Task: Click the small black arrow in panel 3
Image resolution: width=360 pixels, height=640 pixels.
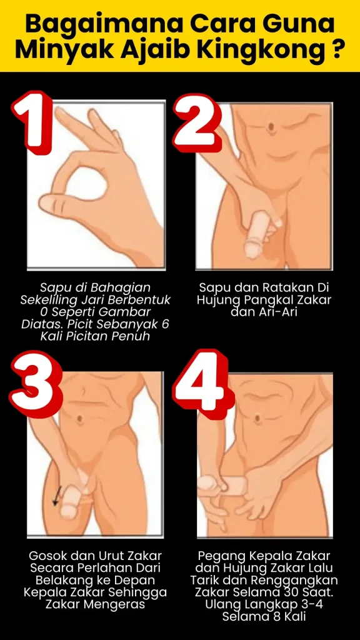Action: (x=57, y=496)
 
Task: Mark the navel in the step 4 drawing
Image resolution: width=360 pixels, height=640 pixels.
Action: (x=257, y=419)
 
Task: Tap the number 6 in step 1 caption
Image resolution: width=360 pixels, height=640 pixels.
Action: (x=164, y=325)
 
